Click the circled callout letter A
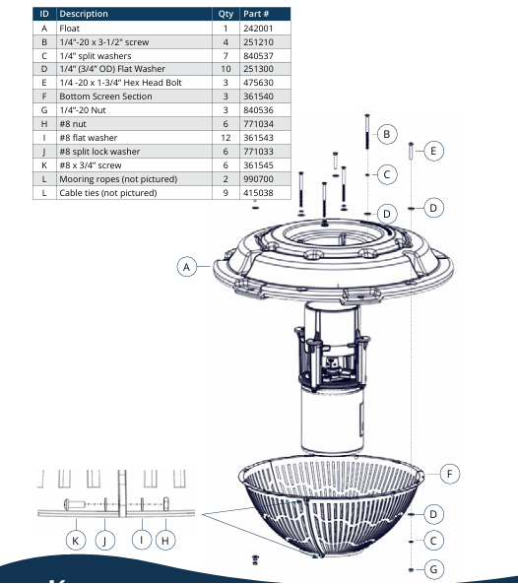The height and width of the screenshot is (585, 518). pos(187,266)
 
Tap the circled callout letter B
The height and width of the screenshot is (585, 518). pos(387,133)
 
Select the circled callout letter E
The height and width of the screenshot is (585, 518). pos(434,151)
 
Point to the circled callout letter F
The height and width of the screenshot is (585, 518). pos(449,475)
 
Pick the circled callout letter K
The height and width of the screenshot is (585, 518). pos(75,540)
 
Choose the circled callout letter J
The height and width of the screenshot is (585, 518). pos(105,540)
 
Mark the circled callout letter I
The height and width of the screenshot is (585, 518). pos(142,540)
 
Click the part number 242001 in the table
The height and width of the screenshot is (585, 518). pos(258,30)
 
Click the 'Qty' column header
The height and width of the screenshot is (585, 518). pos(226,15)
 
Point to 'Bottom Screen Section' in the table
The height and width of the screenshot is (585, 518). pos(102,97)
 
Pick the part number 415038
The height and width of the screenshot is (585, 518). pos(258,193)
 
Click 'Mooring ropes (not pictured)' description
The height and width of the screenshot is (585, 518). pos(118,179)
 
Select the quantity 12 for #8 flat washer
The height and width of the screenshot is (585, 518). pos(226,138)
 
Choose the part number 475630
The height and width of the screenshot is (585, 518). pos(258,84)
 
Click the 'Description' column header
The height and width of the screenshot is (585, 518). pos(84,15)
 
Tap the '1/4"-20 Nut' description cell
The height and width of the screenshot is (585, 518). pos(83,111)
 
